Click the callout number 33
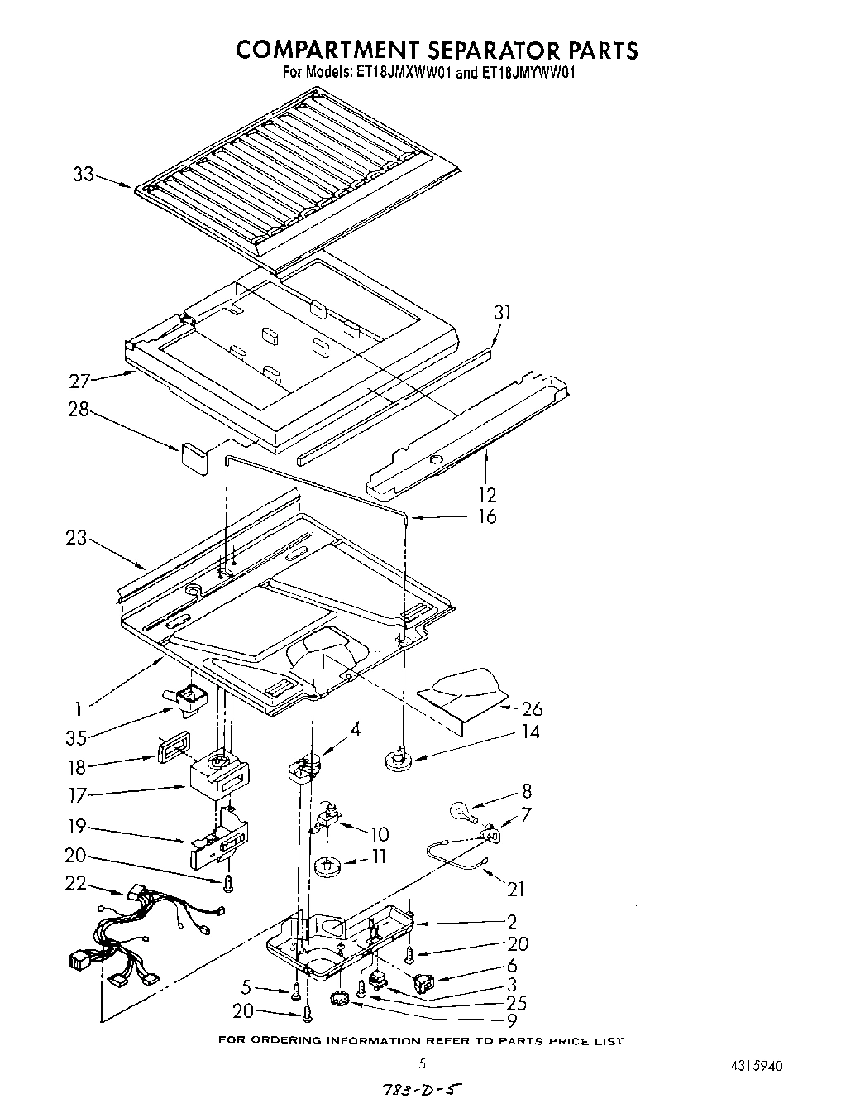click(x=83, y=175)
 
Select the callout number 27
click(x=79, y=382)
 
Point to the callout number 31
click(x=502, y=313)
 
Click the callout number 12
click(x=487, y=495)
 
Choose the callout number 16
click(x=487, y=516)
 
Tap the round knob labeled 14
click(x=399, y=756)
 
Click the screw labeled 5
click(x=295, y=988)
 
